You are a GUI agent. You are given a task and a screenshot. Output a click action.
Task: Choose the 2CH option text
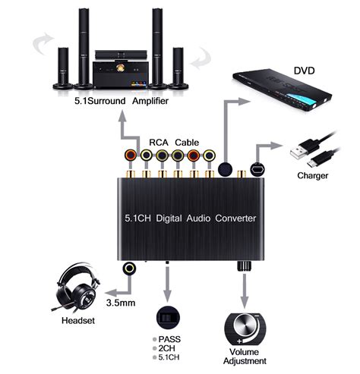coord(169,347)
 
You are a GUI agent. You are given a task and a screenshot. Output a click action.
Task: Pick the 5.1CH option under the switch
coord(171,357)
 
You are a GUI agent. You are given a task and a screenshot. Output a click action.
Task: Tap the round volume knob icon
coord(245,327)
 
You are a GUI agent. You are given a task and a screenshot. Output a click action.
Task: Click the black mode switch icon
coord(167,317)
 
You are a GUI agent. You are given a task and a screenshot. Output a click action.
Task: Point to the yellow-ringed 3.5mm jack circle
coord(131,268)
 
